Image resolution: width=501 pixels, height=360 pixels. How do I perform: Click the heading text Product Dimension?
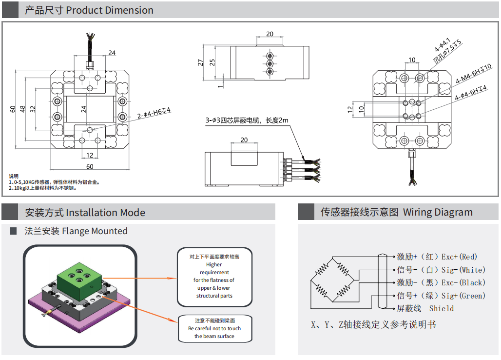(110, 10)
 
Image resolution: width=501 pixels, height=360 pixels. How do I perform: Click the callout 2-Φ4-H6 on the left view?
(154, 113)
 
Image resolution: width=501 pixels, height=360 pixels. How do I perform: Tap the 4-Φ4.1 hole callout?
(442, 45)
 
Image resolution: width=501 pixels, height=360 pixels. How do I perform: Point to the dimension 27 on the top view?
(200, 62)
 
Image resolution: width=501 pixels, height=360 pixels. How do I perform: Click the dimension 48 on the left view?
(22, 109)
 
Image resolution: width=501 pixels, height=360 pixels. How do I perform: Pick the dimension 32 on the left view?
(33, 109)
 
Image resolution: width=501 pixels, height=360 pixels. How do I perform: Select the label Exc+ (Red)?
(459, 257)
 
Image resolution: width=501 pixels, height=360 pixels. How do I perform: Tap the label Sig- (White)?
(463, 270)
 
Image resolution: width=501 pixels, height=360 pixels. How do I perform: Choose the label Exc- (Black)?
(463, 282)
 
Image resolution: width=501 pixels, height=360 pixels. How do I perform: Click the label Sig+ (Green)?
(463, 296)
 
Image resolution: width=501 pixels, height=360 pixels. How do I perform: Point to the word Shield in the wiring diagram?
(441, 308)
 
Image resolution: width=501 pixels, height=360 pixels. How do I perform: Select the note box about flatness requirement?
(214, 277)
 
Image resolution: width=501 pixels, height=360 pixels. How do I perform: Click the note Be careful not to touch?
(214, 328)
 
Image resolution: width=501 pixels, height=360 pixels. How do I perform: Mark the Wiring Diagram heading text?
(438, 212)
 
